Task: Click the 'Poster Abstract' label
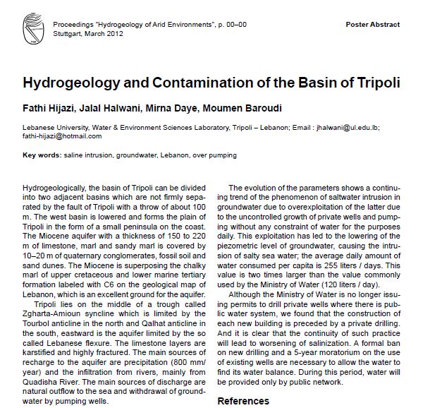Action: pyautogui.click(x=373, y=25)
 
